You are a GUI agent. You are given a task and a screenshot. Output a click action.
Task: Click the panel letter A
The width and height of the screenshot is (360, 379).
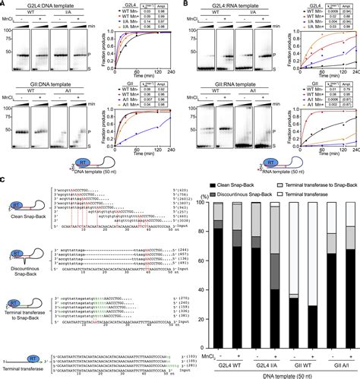(x=4, y=5)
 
